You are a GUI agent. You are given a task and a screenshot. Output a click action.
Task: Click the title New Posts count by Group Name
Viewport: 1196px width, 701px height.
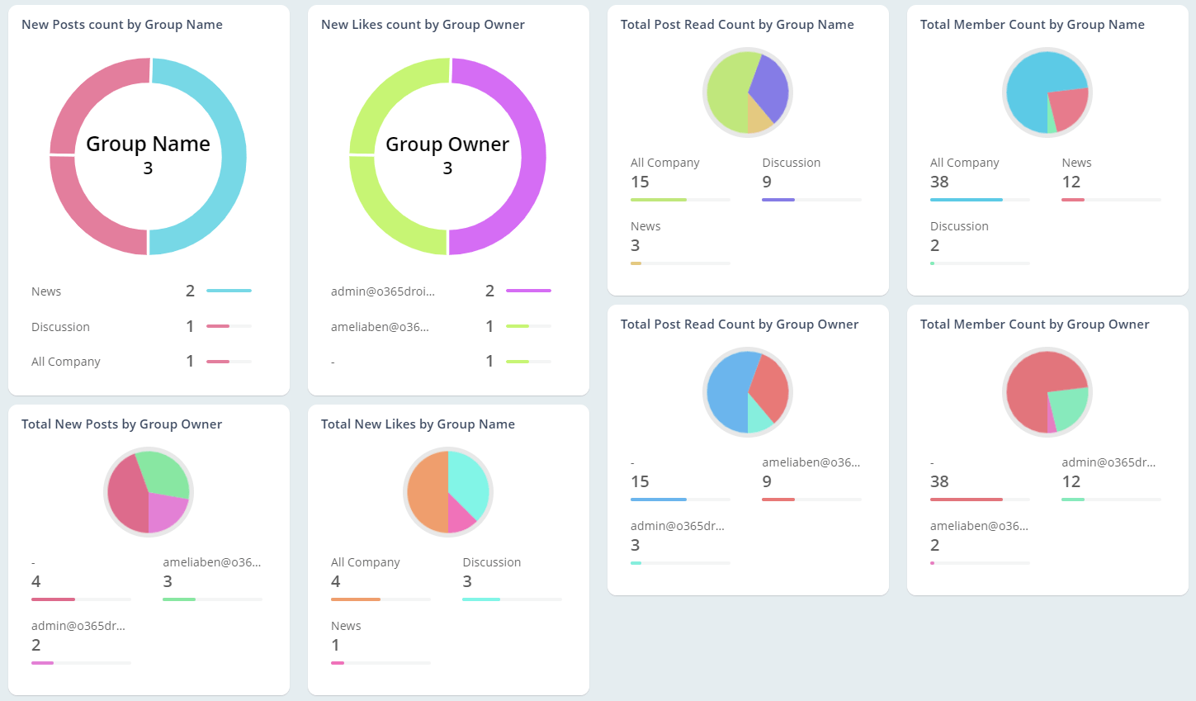pos(122,25)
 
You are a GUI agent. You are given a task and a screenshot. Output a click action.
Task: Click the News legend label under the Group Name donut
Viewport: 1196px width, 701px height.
pos(46,291)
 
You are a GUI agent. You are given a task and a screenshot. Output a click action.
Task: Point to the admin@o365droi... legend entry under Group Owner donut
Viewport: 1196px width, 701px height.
pos(383,291)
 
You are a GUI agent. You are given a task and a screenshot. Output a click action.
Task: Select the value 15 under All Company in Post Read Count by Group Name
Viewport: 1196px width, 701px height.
pos(640,182)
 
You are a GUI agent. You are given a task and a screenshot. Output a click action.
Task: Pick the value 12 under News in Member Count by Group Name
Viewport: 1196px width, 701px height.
pos(1071,182)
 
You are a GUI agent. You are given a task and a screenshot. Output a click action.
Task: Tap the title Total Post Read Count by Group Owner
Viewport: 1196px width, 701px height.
pos(740,324)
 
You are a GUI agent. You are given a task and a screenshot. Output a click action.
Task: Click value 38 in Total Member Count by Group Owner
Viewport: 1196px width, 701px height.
pos(939,482)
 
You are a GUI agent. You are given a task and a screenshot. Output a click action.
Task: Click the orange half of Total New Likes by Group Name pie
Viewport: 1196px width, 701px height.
pos(426,492)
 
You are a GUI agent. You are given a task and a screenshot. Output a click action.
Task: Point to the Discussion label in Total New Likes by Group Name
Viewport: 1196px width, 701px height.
pos(491,562)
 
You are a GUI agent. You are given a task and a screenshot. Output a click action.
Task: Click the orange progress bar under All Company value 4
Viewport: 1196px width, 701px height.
pos(356,599)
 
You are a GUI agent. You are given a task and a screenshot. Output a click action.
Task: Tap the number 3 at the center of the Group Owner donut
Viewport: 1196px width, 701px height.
pos(447,168)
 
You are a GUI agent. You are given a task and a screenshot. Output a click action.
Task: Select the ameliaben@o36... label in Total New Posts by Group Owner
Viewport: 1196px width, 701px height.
pos(211,562)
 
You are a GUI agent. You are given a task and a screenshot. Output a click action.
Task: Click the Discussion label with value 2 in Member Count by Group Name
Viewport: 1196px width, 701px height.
pos(959,226)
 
